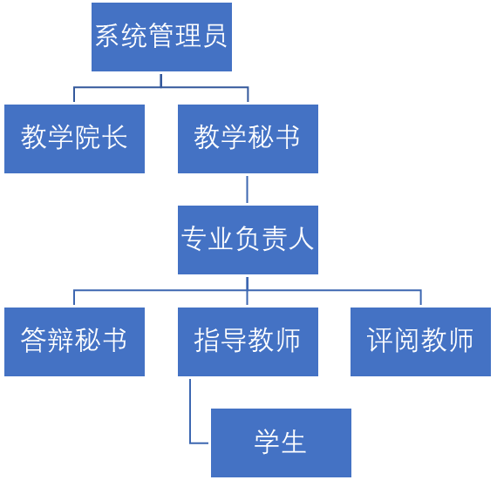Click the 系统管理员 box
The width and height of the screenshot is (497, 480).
tap(161, 37)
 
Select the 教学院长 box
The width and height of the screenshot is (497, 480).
tap(74, 139)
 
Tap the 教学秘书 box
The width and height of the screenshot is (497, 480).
tap(248, 139)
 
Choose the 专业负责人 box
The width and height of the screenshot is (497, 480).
tap(248, 240)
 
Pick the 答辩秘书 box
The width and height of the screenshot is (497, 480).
tap(74, 342)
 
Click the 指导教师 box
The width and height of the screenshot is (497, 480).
tap(248, 342)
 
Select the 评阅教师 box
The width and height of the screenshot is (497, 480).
tap(420, 342)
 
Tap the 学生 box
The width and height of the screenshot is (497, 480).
tap(281, 443)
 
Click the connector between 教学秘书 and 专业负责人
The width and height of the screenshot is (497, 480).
tap(248, 189)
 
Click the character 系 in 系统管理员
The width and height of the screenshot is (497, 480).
tap(107, 36)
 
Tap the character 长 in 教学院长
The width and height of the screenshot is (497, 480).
tap(116, 137)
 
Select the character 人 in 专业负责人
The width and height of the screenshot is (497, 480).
tap(301, 239)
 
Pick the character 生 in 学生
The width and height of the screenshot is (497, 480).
tap(294, 442)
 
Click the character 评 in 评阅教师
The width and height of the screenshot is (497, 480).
tap(380, 340)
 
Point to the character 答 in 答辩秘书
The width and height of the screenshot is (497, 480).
tap(34, 340)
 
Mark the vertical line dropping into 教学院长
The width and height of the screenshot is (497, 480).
tap(74, 94)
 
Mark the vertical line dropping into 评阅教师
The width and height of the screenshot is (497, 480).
tap(421, 297)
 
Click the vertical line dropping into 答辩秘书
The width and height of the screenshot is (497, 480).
tap(74, 297)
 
